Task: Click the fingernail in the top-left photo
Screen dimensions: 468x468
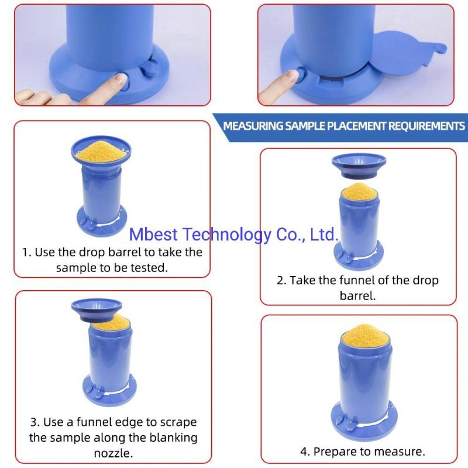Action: coord(121,79)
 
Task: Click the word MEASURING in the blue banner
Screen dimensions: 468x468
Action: coord(253,126)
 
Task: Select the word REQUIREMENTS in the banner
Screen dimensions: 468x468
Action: coord(426,126)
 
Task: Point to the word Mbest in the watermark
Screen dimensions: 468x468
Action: coord(153,235)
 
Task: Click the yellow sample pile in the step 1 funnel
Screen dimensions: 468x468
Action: coord(101,152)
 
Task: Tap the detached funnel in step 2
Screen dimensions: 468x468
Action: coord(359,166)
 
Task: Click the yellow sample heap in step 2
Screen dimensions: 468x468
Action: coord(359,191)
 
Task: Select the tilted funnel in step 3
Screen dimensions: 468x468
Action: coord(97,310)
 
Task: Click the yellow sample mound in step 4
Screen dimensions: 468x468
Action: coord(365,336)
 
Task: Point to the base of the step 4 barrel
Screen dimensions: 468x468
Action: coord(364,421)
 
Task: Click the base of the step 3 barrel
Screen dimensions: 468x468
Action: coord(109,390)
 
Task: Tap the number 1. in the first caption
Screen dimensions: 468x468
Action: coord(27,253)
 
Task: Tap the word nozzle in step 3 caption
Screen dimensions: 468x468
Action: coord(113,454)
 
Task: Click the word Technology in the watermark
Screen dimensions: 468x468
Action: coord(227,235)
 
